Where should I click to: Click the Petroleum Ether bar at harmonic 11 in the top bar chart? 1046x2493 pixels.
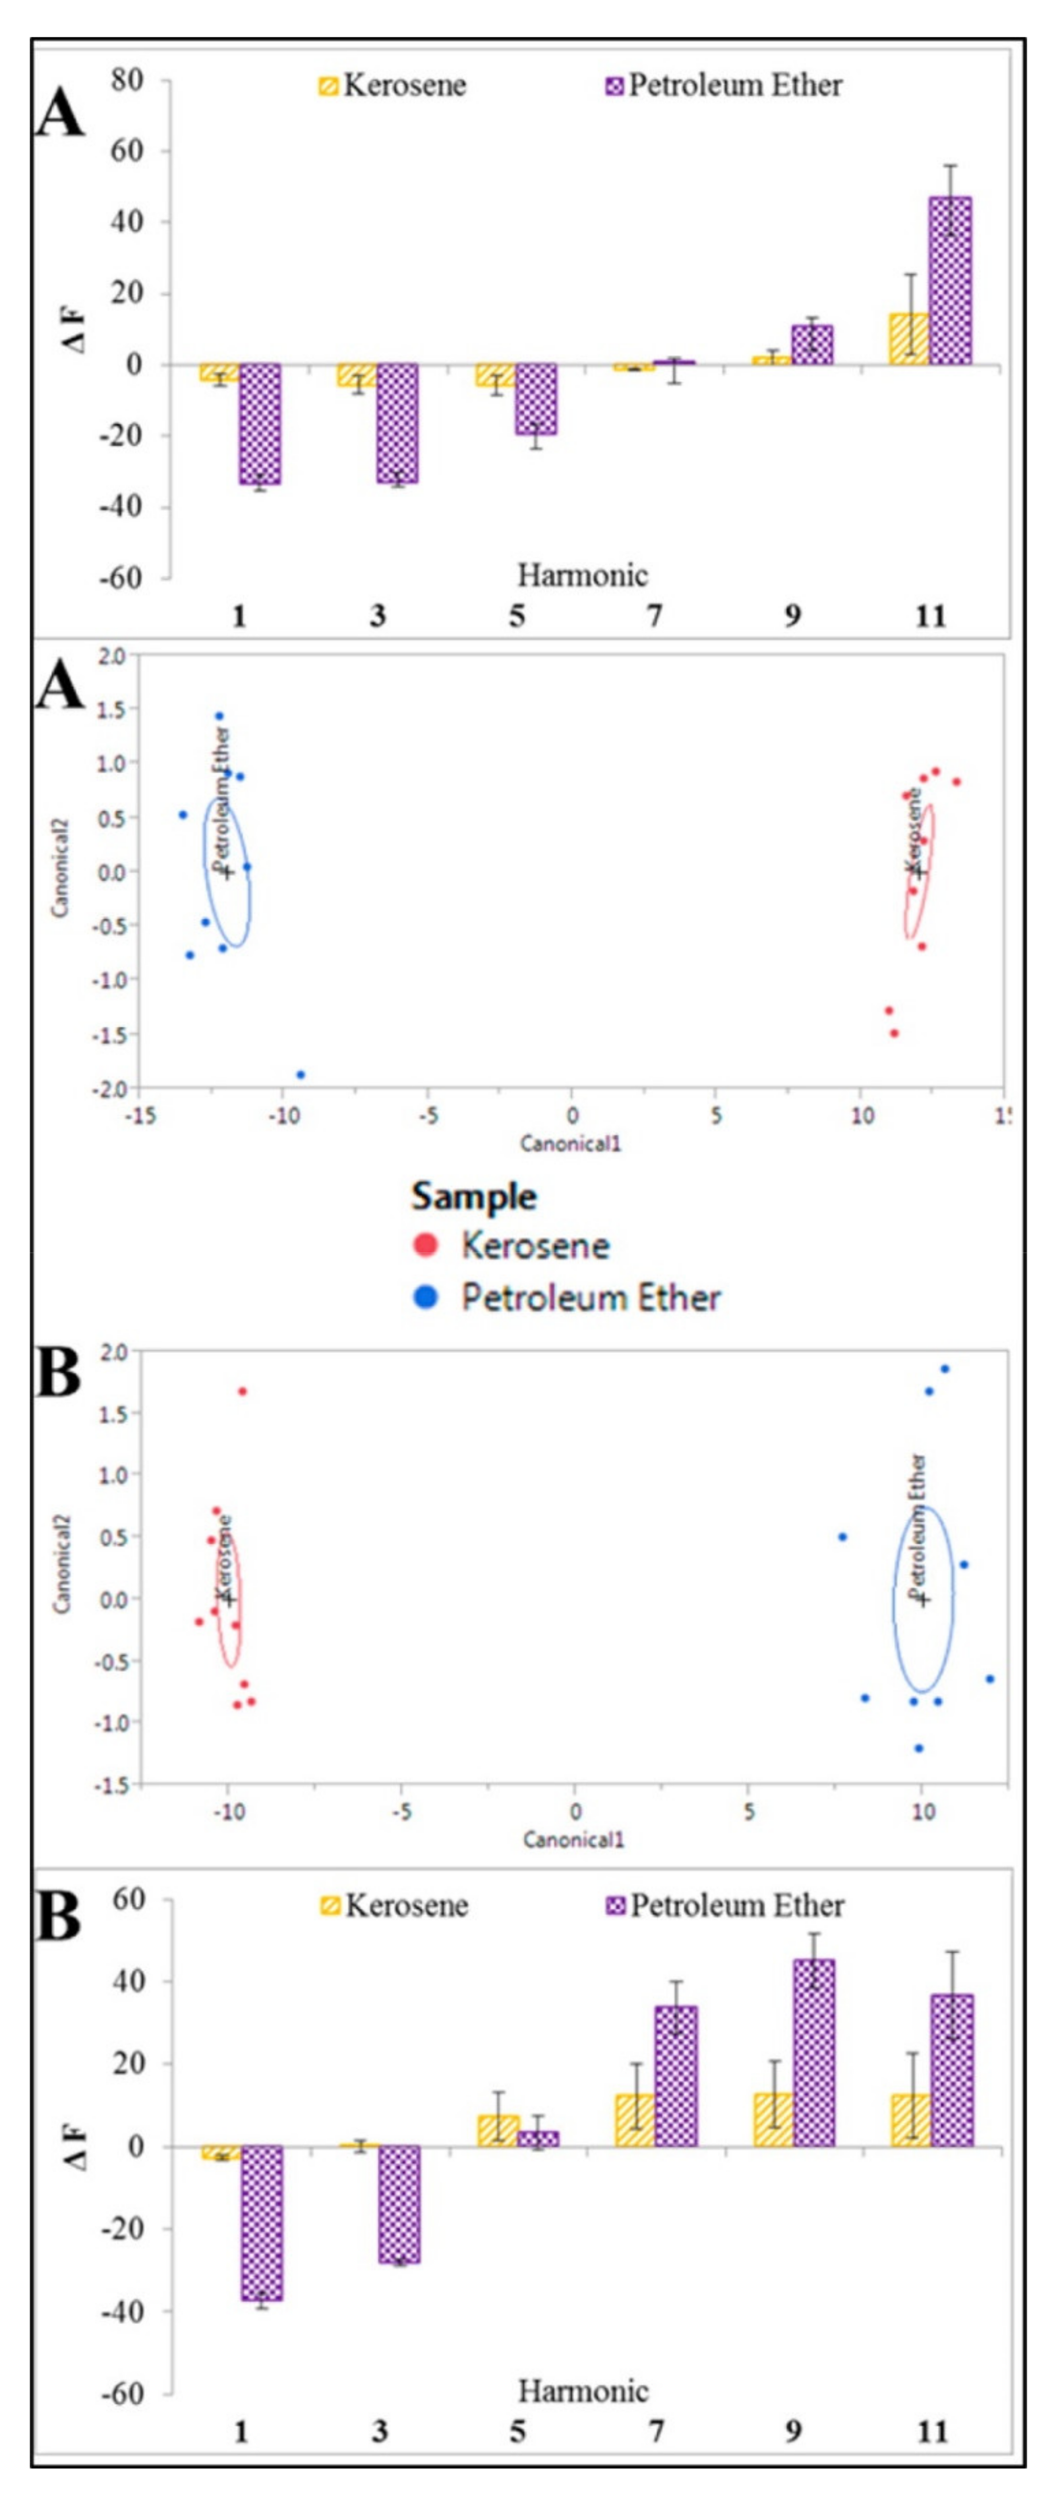point(950,281)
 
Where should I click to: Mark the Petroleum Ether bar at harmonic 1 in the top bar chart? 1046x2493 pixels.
point(260,424)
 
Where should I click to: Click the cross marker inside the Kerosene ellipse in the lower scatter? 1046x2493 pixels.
point(228,1599)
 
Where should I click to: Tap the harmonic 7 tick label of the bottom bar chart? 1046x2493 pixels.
point(656,2430)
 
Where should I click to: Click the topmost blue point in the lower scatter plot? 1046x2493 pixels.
point(945,1368)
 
